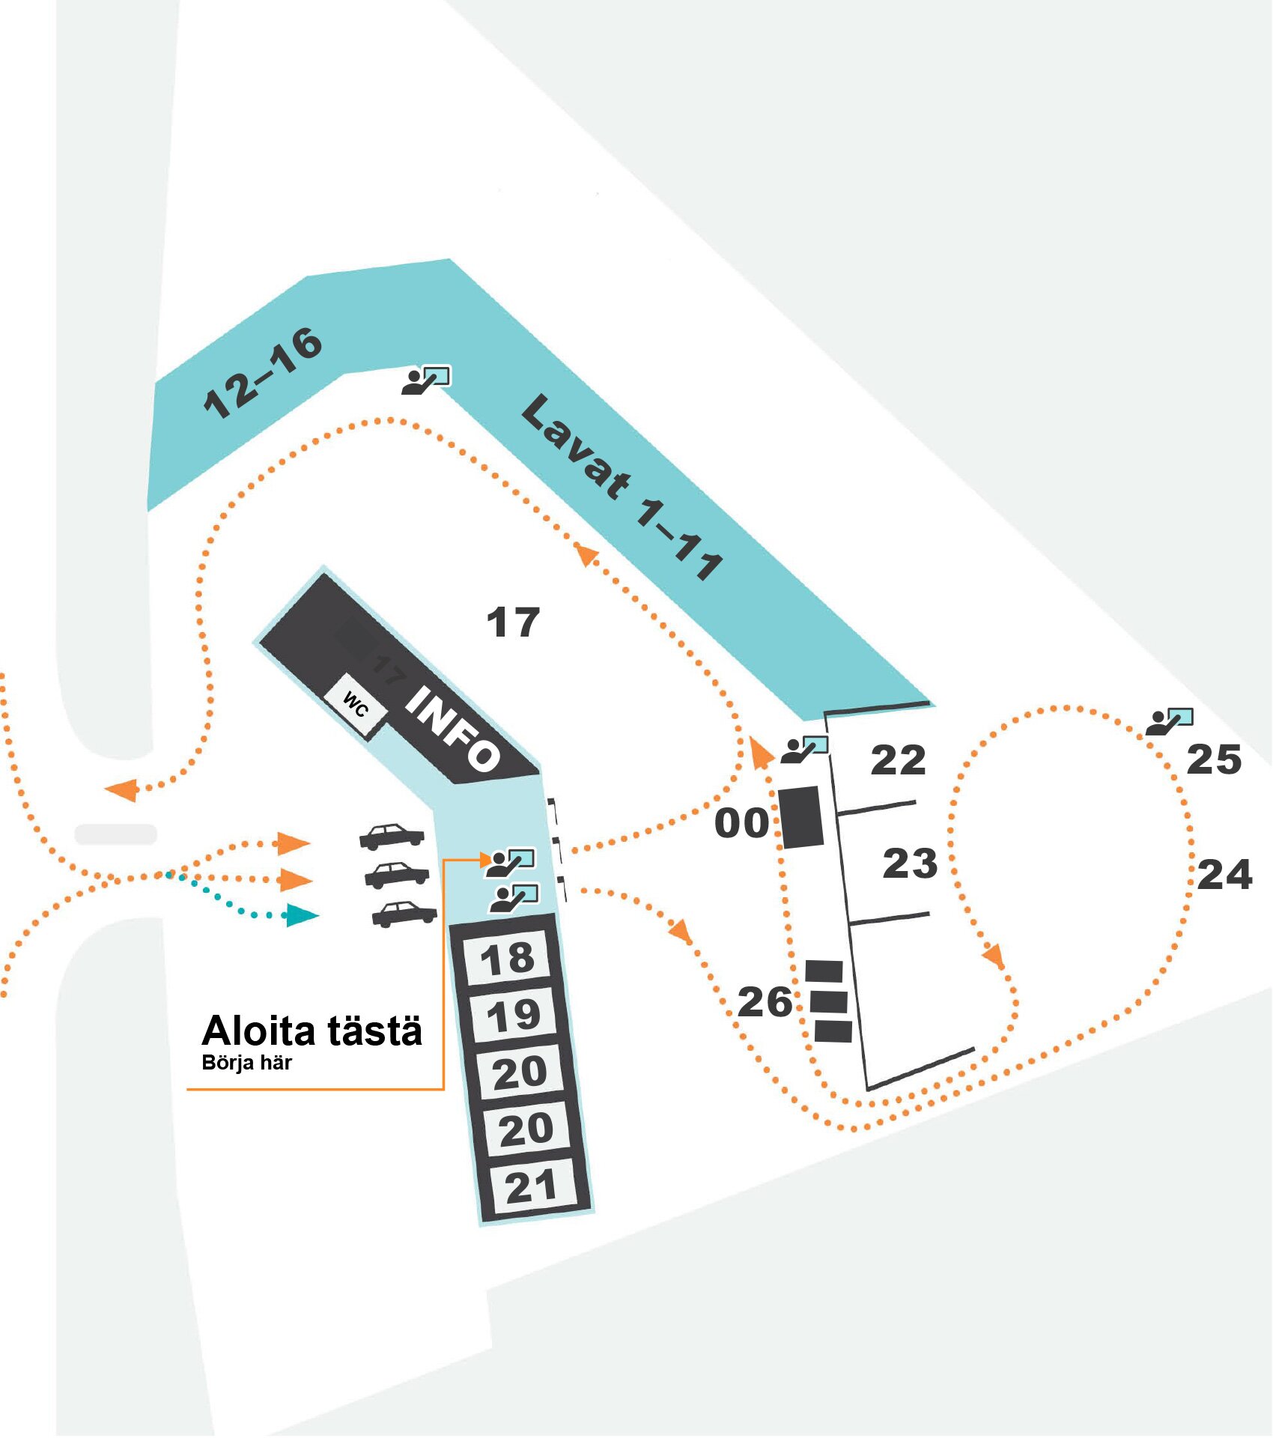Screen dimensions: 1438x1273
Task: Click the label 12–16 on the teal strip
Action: [263, 372]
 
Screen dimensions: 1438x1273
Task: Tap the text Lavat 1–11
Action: [622, 487]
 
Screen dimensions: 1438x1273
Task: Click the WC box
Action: [355, 705]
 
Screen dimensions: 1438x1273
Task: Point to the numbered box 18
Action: [508, 958]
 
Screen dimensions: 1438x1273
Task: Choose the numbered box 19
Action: [513, 1015]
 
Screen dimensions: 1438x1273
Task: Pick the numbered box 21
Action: [531, 1186]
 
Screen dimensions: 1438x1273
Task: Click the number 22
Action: [898, 760]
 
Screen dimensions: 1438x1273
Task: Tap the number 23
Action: [910, 864]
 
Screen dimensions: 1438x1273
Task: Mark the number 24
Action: [1224, 874]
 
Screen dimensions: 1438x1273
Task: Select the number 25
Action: [1214, 759]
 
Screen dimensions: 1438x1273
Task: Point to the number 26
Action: [765, 1002]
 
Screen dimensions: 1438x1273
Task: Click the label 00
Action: [741, 823]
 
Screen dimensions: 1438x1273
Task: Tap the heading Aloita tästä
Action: [312, 1031]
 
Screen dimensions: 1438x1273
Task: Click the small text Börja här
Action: [246, 1063]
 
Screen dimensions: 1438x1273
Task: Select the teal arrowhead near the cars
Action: [303, 915]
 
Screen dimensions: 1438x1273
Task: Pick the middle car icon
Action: [397, 874]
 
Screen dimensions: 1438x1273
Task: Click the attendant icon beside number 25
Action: [1169, 721]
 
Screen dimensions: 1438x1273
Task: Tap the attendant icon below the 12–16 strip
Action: [426, 380]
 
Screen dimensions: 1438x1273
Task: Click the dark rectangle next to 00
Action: [801, 817]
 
